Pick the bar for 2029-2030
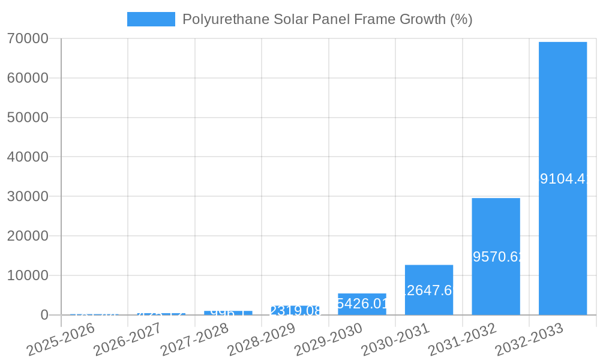point(362,304)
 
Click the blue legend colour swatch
point(151,19)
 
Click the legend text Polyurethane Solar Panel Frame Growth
point(327,19)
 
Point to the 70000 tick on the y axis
point(28,38)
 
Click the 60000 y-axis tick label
point(28,78)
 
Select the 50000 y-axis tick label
point(28,118)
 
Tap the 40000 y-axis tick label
point(28,157)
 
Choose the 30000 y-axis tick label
point(28,196)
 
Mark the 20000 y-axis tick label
point(28,236)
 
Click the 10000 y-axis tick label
point(28,275)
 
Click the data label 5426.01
point(362,304)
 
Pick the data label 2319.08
point(295,311)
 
